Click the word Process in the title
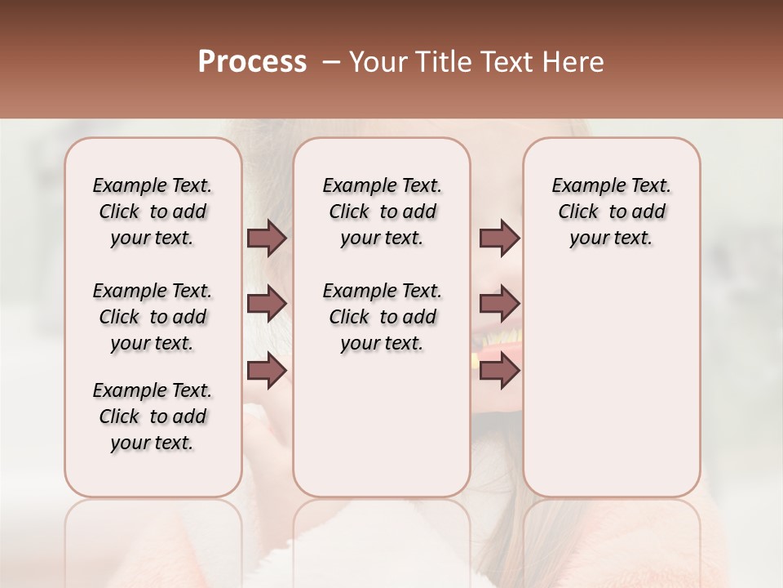[252, 62]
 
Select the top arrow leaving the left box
[266, 238]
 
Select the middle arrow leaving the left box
[266, 304]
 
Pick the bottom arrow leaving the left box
[266, 370]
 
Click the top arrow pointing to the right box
[499, 238]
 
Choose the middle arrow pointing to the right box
[499, 304]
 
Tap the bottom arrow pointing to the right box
[499, 370]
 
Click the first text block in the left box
[153, 212]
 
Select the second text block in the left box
[153, 317]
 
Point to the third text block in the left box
[153, 416]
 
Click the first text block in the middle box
[382, 212]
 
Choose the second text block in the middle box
[382, 317]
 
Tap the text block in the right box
[612, 212]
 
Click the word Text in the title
[498, 62]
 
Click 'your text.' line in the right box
[612, 238]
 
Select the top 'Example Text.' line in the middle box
[382, 185]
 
